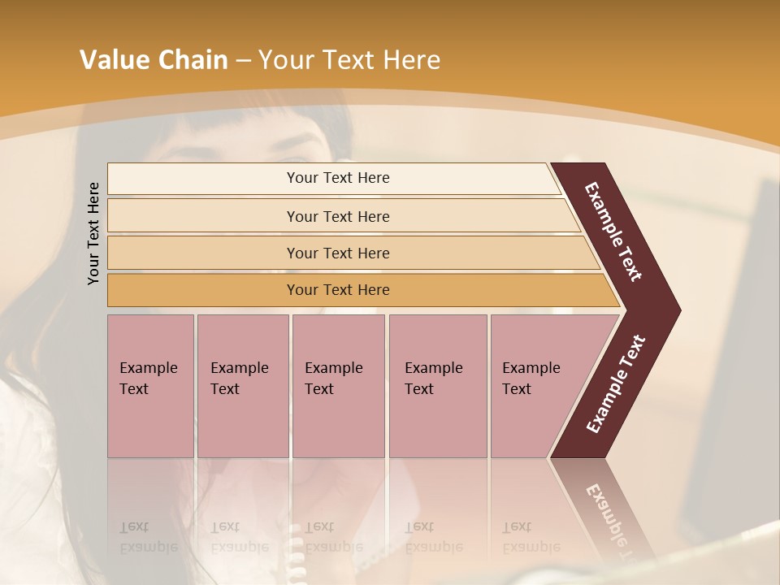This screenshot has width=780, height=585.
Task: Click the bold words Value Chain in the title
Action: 154,60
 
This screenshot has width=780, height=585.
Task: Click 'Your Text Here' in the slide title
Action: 349,60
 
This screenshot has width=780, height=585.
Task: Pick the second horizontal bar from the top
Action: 338,216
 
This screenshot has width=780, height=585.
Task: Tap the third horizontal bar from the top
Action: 338,253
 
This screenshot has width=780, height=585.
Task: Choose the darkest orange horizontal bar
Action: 338,290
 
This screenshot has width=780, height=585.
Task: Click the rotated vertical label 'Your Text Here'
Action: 93,233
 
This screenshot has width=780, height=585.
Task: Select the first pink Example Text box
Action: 150,386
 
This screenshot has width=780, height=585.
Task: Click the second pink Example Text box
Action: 242,386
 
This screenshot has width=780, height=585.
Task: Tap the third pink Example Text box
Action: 338,386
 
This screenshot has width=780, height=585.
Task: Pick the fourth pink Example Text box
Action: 437,386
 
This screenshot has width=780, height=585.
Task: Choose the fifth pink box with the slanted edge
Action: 536,386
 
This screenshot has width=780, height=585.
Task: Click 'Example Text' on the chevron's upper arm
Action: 613,232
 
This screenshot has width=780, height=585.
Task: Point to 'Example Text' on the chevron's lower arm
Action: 616,384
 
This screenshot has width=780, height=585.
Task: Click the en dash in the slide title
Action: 243,61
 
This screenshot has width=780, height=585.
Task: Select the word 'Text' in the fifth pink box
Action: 517,389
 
